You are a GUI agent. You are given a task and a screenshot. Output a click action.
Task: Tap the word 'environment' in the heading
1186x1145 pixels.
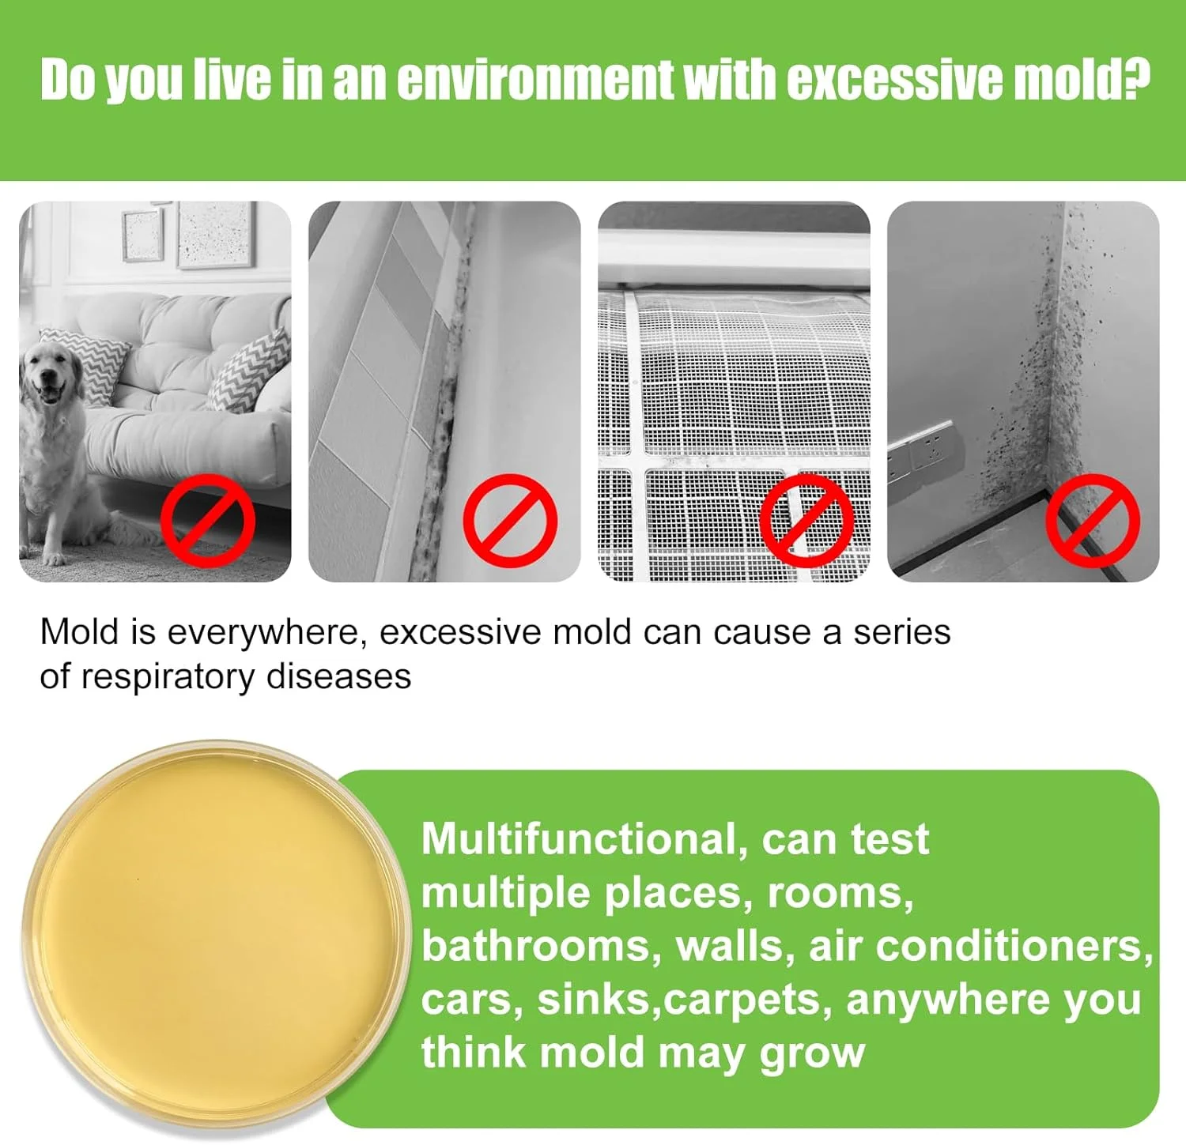click(x=536, y=80)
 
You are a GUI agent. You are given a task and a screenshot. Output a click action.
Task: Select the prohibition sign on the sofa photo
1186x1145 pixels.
click(x=208, y=520)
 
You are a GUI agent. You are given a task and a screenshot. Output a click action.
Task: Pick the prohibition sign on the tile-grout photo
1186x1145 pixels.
click(x=510, y=520)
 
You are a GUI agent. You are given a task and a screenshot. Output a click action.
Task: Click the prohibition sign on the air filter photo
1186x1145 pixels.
click(x=806, y=520)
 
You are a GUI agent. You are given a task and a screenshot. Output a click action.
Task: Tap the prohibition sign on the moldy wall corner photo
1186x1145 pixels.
click(x=1093, y=520)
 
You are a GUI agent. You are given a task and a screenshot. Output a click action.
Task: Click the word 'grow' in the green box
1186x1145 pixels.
click(x=813, y=1055)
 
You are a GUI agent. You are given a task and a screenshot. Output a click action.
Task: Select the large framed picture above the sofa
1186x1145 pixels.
click(x=215, y=234)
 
